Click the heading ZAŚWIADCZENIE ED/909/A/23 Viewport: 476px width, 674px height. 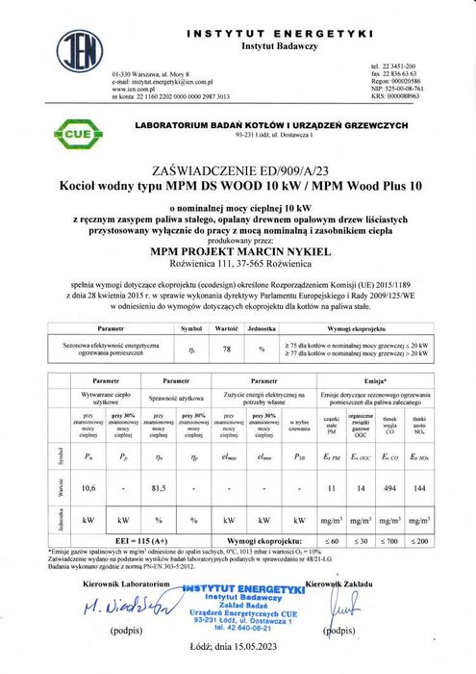point(238,167)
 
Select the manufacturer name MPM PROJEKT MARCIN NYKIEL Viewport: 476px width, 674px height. point(238,246)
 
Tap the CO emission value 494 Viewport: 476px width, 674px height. point(388,490)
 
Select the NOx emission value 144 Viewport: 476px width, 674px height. point(420,490)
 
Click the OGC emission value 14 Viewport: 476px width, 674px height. point(356,490)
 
